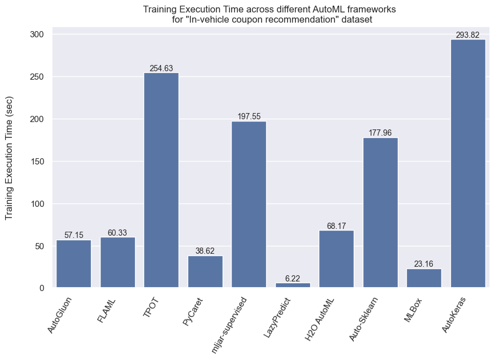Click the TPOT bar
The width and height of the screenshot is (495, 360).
(161, 180)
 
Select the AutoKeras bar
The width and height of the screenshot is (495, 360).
(468, 164)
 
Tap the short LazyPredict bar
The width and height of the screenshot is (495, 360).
(293, 285)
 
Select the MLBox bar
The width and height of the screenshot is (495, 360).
(424, 279)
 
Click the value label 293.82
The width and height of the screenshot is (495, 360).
(467, 35)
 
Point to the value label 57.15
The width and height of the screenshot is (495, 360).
(73, 235)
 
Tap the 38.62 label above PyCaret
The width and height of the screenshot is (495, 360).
(205, 251)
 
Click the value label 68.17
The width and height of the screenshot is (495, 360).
(336, 226)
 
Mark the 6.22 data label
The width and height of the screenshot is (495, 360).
(293, 278)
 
